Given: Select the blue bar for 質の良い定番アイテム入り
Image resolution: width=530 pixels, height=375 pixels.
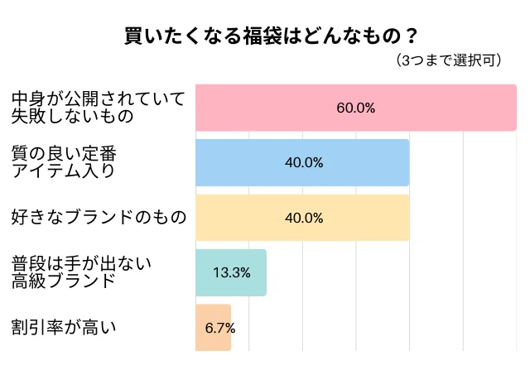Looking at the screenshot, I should click(x=248, y=162).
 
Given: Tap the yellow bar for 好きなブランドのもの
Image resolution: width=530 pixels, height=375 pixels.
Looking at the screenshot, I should click(x=248, y=218).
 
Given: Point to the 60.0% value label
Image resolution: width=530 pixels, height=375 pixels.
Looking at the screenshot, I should click(x=356, y=108).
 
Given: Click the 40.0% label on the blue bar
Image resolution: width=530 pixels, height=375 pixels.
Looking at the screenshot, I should click(x=303, y=162).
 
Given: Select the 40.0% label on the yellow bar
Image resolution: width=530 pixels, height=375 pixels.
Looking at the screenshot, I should click(x=303, y=218).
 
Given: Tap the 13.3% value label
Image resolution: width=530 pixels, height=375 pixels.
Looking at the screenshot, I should click(x=232, y=272).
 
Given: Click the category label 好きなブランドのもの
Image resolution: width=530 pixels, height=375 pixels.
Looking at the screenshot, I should click(x=99, y=218).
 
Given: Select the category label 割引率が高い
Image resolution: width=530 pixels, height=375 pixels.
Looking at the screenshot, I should click(x=64, y=328).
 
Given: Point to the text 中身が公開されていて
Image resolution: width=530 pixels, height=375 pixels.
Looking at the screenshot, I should click(x=97, y=99).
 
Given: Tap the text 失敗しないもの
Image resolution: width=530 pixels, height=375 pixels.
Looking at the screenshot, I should click(x=72, y=117).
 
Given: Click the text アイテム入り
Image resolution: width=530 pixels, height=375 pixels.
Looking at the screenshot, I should click(x=63, y=171).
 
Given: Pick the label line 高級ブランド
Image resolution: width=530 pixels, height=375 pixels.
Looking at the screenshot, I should click(x=63, y=281).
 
